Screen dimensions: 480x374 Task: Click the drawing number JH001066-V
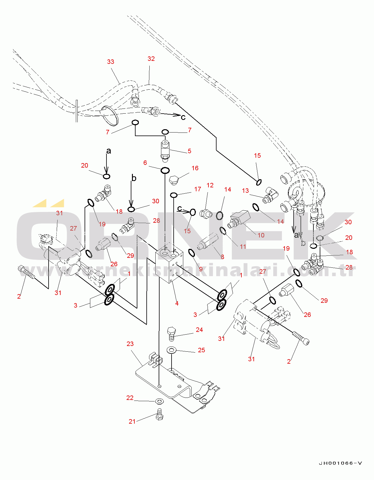340,463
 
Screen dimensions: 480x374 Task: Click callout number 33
111,62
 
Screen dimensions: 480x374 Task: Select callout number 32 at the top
151,59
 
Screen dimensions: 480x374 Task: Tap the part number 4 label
177,303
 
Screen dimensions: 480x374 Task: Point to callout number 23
130,344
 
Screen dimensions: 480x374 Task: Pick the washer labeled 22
159,401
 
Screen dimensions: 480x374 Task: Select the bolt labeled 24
171,333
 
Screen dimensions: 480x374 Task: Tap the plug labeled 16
174,180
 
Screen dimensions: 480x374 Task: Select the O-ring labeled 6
165,171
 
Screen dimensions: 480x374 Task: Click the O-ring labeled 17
174,195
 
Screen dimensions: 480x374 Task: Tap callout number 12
210,185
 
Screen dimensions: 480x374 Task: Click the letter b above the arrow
134,178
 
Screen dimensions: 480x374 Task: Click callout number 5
190,151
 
